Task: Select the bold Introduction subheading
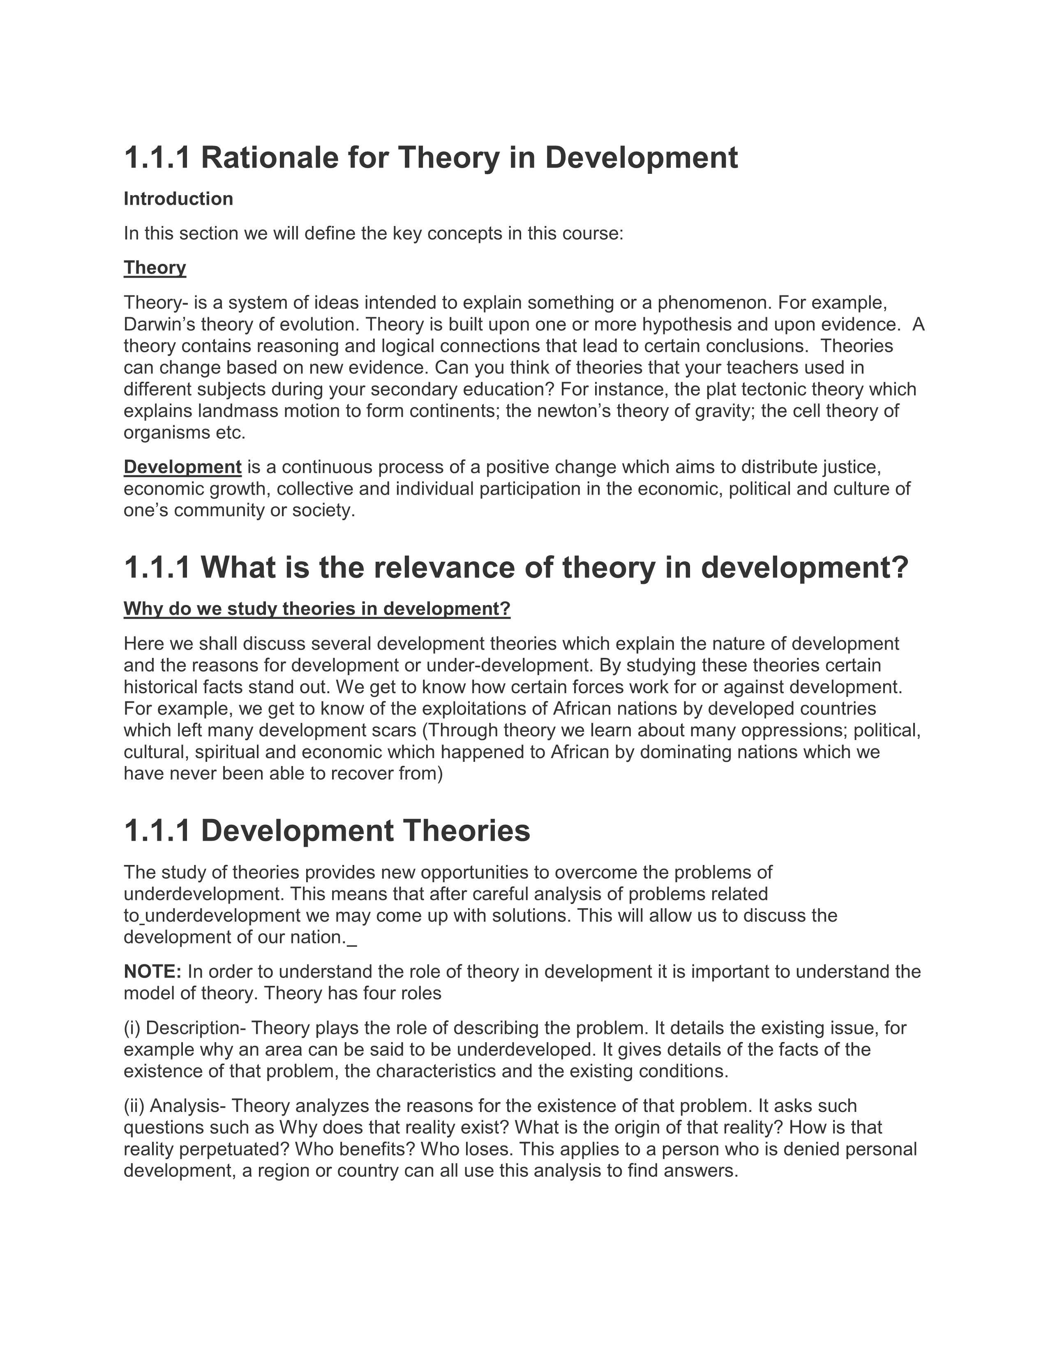pyautogui.click(x=178, y=199)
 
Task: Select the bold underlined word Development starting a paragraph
pyautogui.click(x=182, y=467)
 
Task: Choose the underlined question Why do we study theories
pyautogui.click(x=316, y=609)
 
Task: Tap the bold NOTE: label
pyautogui.click(x=152, y=971)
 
